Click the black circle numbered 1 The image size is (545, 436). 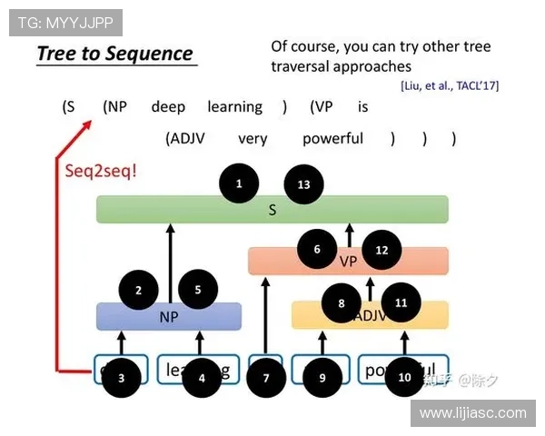click(239, 184)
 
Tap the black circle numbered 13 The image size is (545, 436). click(303, 184)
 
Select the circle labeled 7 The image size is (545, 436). click(266, 377)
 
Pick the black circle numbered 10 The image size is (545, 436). click(404, 377)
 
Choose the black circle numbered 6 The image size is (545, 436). click(317, 249)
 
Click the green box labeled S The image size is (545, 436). click(272, 210)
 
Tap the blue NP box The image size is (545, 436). click(169, 317)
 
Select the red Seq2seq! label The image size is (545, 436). click(101, 170)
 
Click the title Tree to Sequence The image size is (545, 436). click(115, 54)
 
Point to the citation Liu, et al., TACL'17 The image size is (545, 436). click(449, 85)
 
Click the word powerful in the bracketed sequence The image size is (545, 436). click(333, 139)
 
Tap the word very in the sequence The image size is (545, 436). click(253, 139)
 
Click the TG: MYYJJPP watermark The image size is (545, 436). click(64, 22)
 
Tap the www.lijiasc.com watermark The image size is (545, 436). click(472, 412)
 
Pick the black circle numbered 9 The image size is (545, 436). click(322, 377)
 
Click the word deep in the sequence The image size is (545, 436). click(168, 107)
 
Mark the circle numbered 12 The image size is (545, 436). click(381, 249)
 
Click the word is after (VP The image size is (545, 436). click(362, 107)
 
